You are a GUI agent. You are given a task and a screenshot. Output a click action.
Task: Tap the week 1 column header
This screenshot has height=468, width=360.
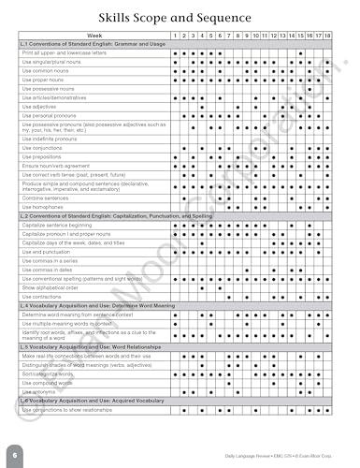[x=177, y=36]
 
